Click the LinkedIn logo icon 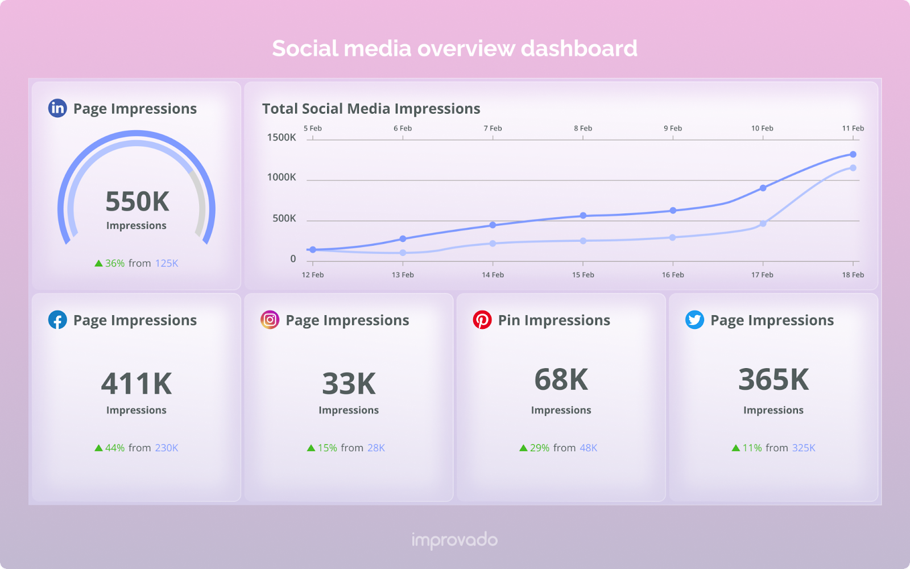pyautogui.click(x=57, y=108)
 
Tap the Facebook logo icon pyautogui.click(x=57, y=320)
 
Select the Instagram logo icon pyautogui.click(x=270, y=320)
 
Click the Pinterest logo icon pyautogui.click(x=482, y=320)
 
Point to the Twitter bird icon pyautogui.click(x=694, y=320)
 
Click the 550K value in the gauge pyautogui.click(x=137, y=201)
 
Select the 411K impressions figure pyautogui.click(x=136, y=384)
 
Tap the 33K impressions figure pyautogui.click(x=349, y=384)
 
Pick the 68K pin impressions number pyautogui.click(x=561, y=380)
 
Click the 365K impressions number pyautogui.click(x=773, y=380)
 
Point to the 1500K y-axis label pyautogui.click(x=282, y=137)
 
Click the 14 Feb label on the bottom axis pyautogui.click(x=493, y=275)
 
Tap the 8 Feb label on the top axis pyautogui.click(x=583, y=128)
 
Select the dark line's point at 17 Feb pyautogui.click(x=763, y=188)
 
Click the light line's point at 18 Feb pyautogui.click(x=853, y=168)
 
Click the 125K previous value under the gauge pyautogui.click(x=167, y=263)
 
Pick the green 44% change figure pyautogui.click(x=114, y=448)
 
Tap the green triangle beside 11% pyautogui.click(x=735, y=448)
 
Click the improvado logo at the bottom pyautogui.click(x=454, y=540)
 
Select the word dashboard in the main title pyautogui.click(x=579, y=48)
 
